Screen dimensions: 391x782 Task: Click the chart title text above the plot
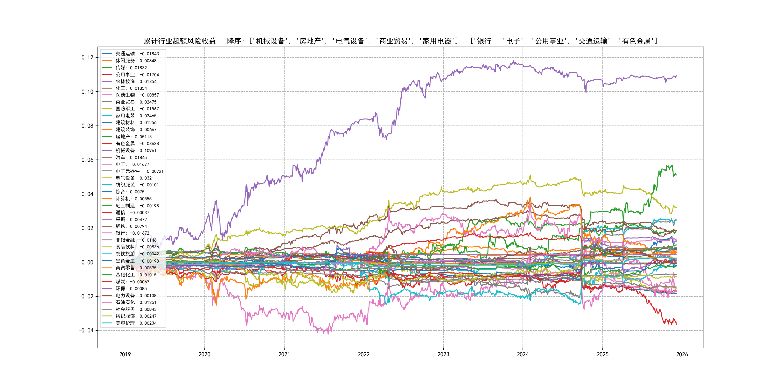point(400,41)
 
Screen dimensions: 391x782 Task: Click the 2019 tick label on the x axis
point(125,354)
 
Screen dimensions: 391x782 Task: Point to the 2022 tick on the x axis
point(364,354)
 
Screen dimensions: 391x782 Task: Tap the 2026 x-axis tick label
point(682,354)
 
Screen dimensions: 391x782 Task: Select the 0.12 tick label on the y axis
point(87,58)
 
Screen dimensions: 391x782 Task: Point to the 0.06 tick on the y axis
point(87,160)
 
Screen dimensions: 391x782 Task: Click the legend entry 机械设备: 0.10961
point(136,151)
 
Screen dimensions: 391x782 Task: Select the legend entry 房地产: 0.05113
point(133,137)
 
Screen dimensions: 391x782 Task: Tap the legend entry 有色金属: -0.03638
point(137,144)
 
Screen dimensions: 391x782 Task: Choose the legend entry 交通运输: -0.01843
point(137,54)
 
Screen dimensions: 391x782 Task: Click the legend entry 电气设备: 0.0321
point(134,178)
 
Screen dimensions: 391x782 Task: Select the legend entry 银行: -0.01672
point(132,233)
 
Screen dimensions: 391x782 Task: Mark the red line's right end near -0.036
point(676,324)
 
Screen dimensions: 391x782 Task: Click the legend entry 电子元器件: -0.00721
point(139,171)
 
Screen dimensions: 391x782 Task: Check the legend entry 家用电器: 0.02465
point(136,116)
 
